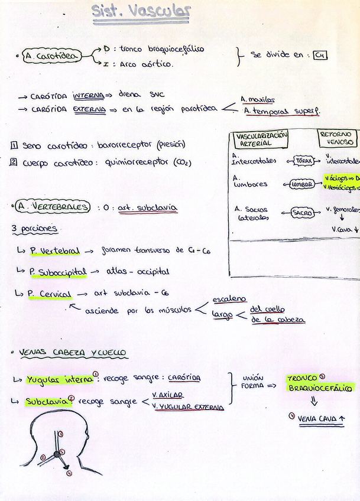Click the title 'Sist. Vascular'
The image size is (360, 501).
(141, 12)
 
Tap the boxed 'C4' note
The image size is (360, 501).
(320, 55)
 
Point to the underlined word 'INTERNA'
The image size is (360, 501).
(88, 96)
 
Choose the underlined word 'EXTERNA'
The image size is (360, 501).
(89, 109)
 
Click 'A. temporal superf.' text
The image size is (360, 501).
(281, 112)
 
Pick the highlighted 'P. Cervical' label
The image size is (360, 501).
(50, 294)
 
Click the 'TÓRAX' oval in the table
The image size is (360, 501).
(303, 161)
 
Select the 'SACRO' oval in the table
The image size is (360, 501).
(302, 213)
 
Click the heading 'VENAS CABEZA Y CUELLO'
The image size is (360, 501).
(73, 353)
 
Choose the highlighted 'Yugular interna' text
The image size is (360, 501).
(59, 379)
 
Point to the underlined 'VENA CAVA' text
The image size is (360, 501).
(317, 419)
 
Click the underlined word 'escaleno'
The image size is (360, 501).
(229, 299)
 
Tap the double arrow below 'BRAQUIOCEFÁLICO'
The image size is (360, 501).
(313, 401)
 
